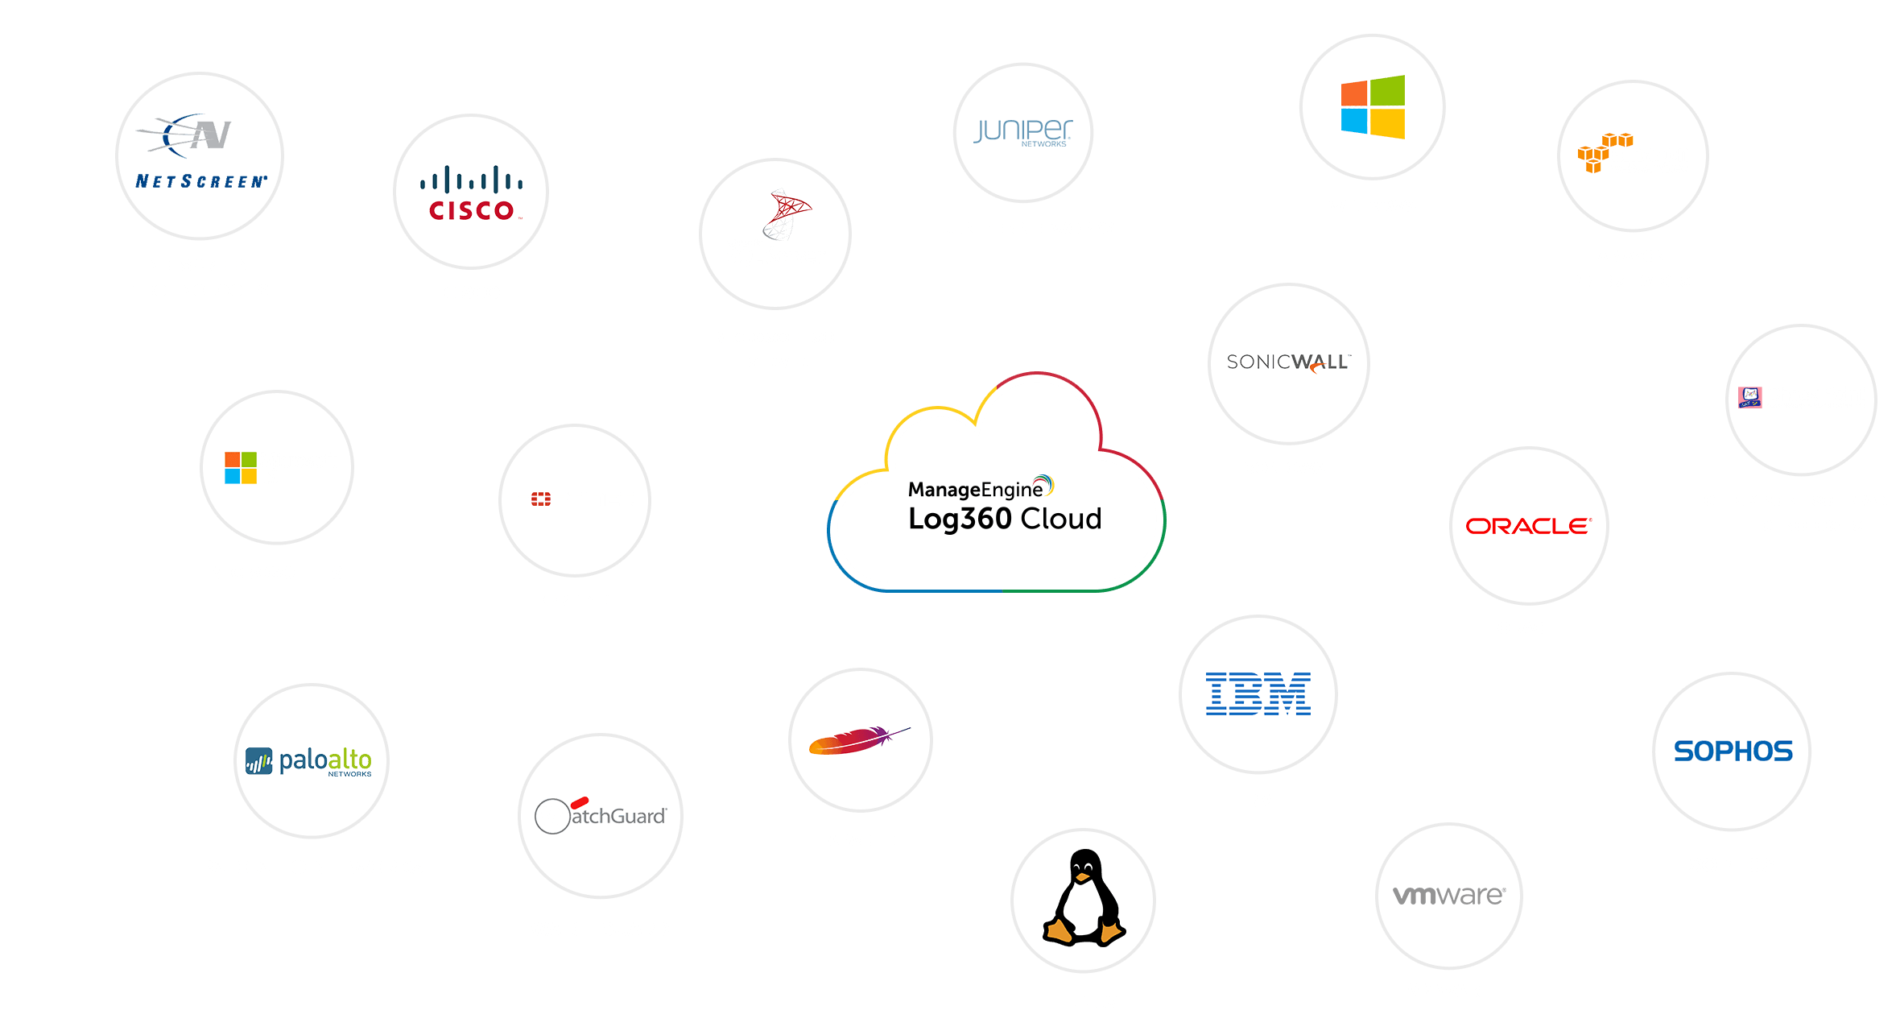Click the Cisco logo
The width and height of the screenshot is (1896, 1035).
pyautogui.click(x=471, y=193)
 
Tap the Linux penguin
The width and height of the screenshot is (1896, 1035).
pyautogui.click(x=1084, y=897)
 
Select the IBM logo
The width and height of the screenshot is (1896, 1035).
pyautogui.click(x=1258, y=693)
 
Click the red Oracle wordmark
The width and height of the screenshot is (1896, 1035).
pyautogui.click(x=1528, y=526)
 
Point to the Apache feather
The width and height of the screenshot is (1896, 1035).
pyautogui.click(x=858, y=739)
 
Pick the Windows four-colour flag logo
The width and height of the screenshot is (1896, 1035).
pyautogui.click(x=1373, y=107)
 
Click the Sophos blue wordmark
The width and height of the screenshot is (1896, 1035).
pyautogui.click(x=1733, y=751)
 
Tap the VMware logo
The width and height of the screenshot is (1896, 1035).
pyautogui.click(x=1448, y=895)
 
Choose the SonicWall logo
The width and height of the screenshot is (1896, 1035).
pyautogui.click(x=1288, y=362)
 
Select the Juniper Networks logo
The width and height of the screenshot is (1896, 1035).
pyautogui.click(x=1022, y=132)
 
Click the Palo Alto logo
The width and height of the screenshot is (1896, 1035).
pyautogui.click(x=309, y=761)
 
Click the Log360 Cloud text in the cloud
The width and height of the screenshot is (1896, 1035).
pyautogui.click(x=1005, y=519)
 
